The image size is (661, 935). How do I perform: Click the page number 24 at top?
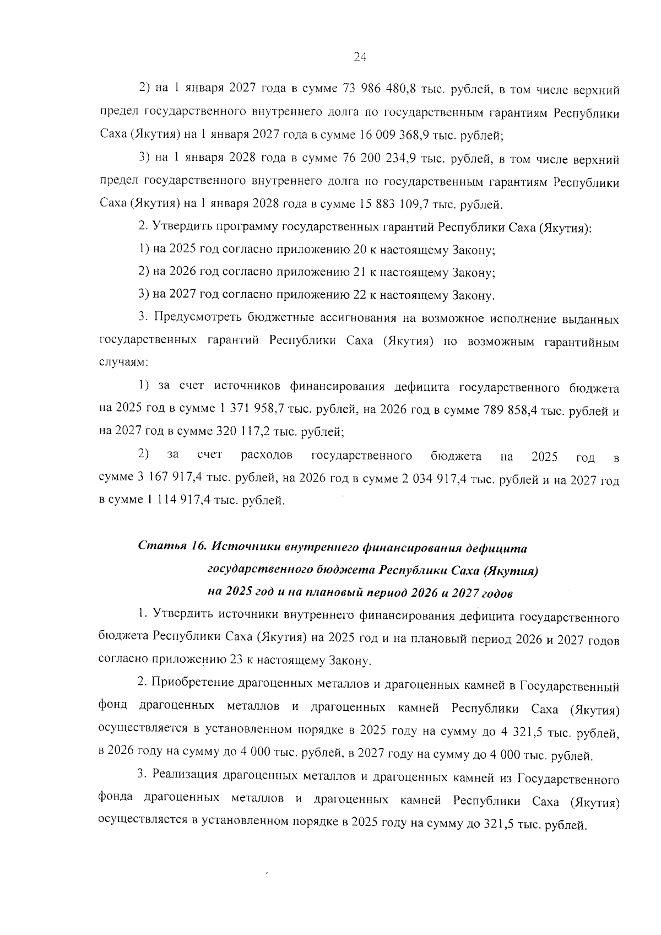pos(359,57)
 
